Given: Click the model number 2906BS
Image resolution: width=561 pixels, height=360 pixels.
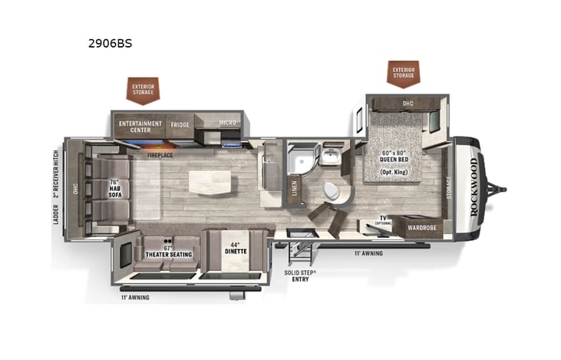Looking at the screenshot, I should click(110, 44).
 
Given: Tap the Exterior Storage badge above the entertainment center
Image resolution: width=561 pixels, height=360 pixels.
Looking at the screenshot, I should click(143, 89).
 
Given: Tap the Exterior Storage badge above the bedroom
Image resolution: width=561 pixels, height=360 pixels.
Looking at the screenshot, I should click(404, 73).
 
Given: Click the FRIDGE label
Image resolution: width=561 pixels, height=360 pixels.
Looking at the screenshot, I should click(180, 124).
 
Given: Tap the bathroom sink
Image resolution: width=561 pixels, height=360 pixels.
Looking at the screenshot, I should click(331, 157).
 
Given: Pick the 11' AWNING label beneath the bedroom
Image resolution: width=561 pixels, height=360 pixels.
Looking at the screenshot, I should click(370, 253).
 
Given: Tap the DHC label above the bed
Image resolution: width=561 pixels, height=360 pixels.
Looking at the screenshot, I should click(408, 103).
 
